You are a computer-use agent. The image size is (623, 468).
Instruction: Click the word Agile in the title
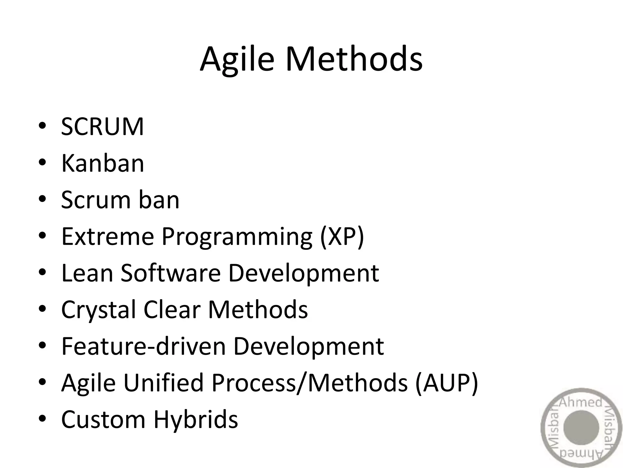[237, 59]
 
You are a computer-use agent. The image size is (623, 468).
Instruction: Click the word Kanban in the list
[103, 163]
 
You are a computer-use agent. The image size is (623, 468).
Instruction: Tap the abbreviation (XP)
[342, 237]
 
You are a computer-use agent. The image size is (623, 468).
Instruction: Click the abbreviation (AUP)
[447, 383]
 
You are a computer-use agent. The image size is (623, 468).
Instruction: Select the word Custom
[103, 420]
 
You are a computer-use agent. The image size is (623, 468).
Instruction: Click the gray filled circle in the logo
[581, 428]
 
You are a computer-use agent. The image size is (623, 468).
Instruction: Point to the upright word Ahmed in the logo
[580, 403]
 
